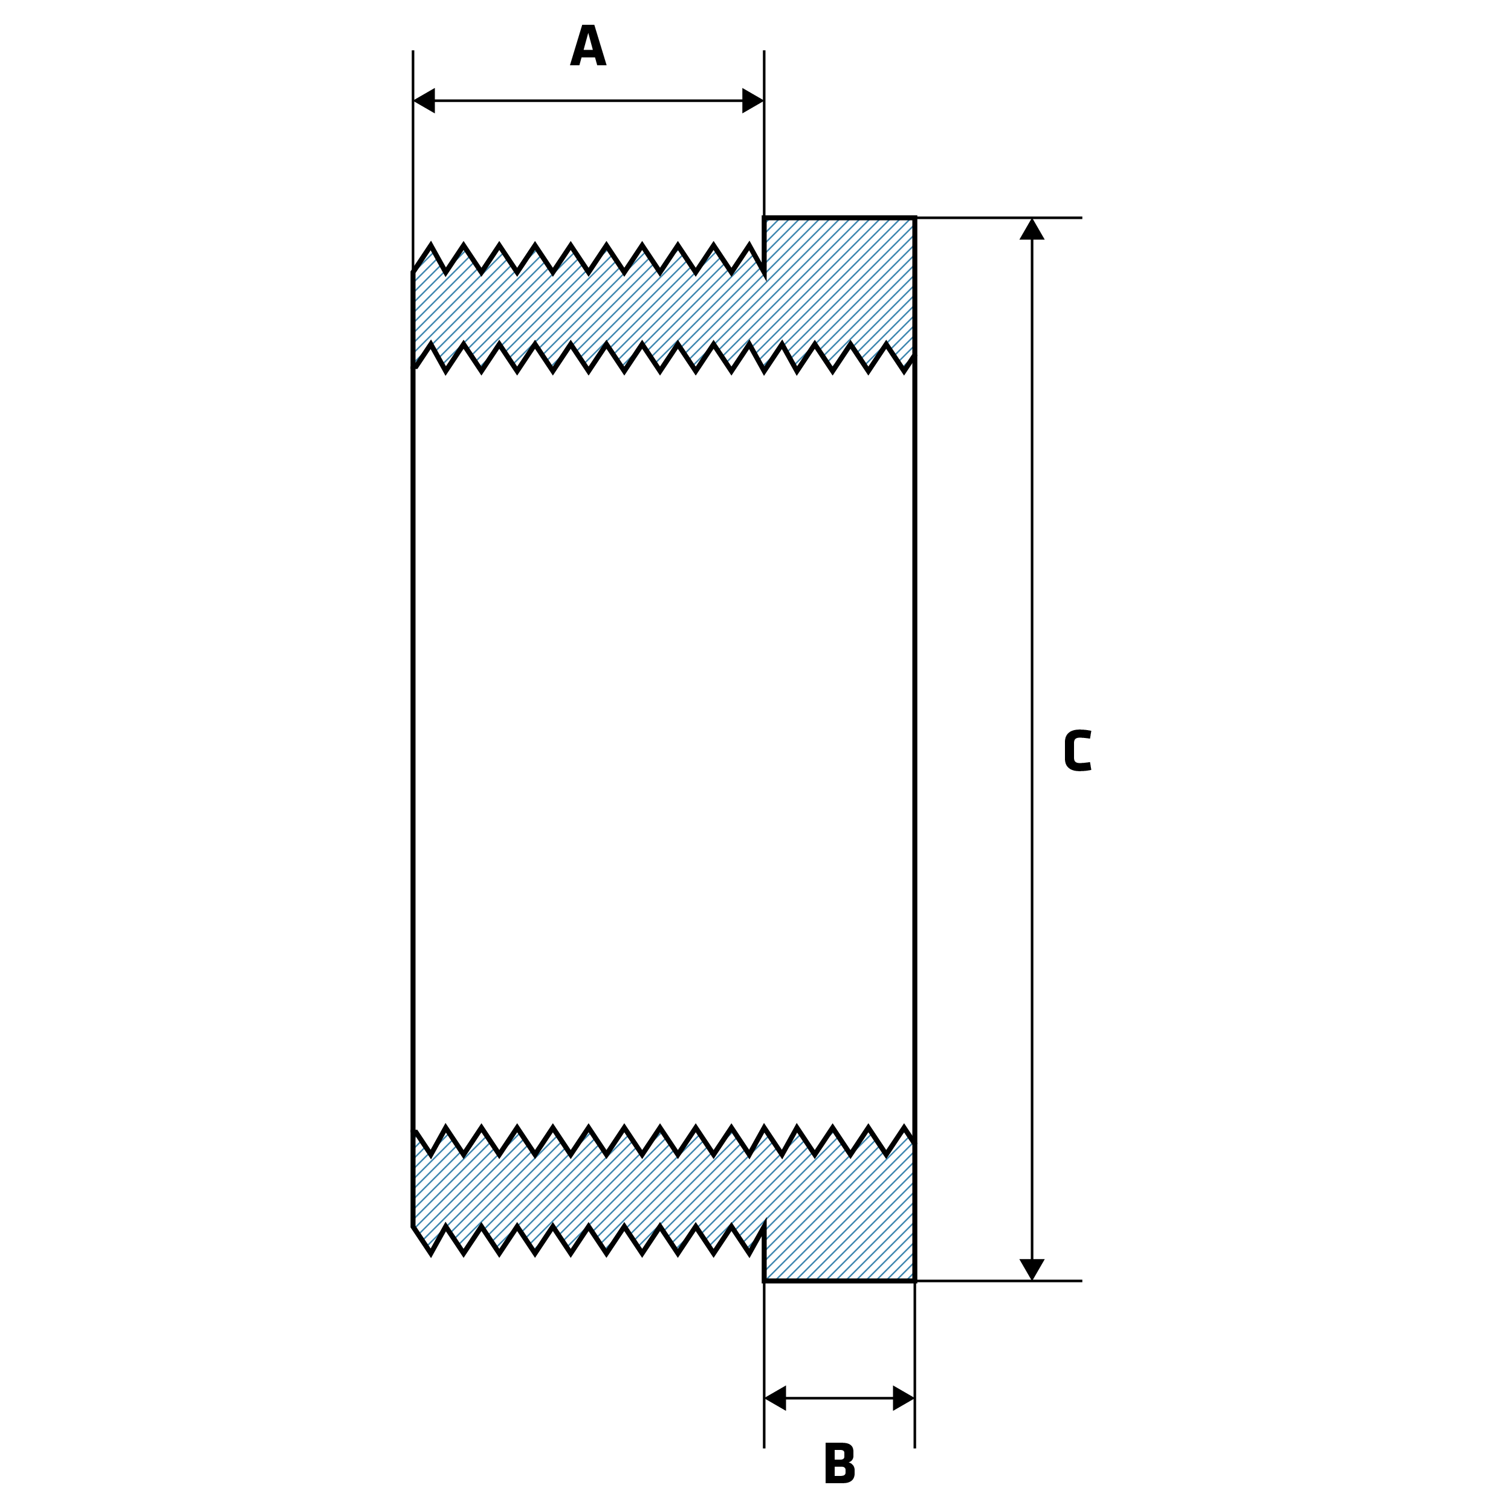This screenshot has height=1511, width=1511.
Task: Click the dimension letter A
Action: (x=588, y=45)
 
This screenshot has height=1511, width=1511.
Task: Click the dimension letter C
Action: (x=1078, y=750)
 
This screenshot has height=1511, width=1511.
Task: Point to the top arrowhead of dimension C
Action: (x=1032, y=229)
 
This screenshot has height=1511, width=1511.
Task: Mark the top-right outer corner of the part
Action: (x=914, y=218)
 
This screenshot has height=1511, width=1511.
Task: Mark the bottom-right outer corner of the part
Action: (x=914, y=1280)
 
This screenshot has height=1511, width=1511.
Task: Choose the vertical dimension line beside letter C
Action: (x=1032, y=626)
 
